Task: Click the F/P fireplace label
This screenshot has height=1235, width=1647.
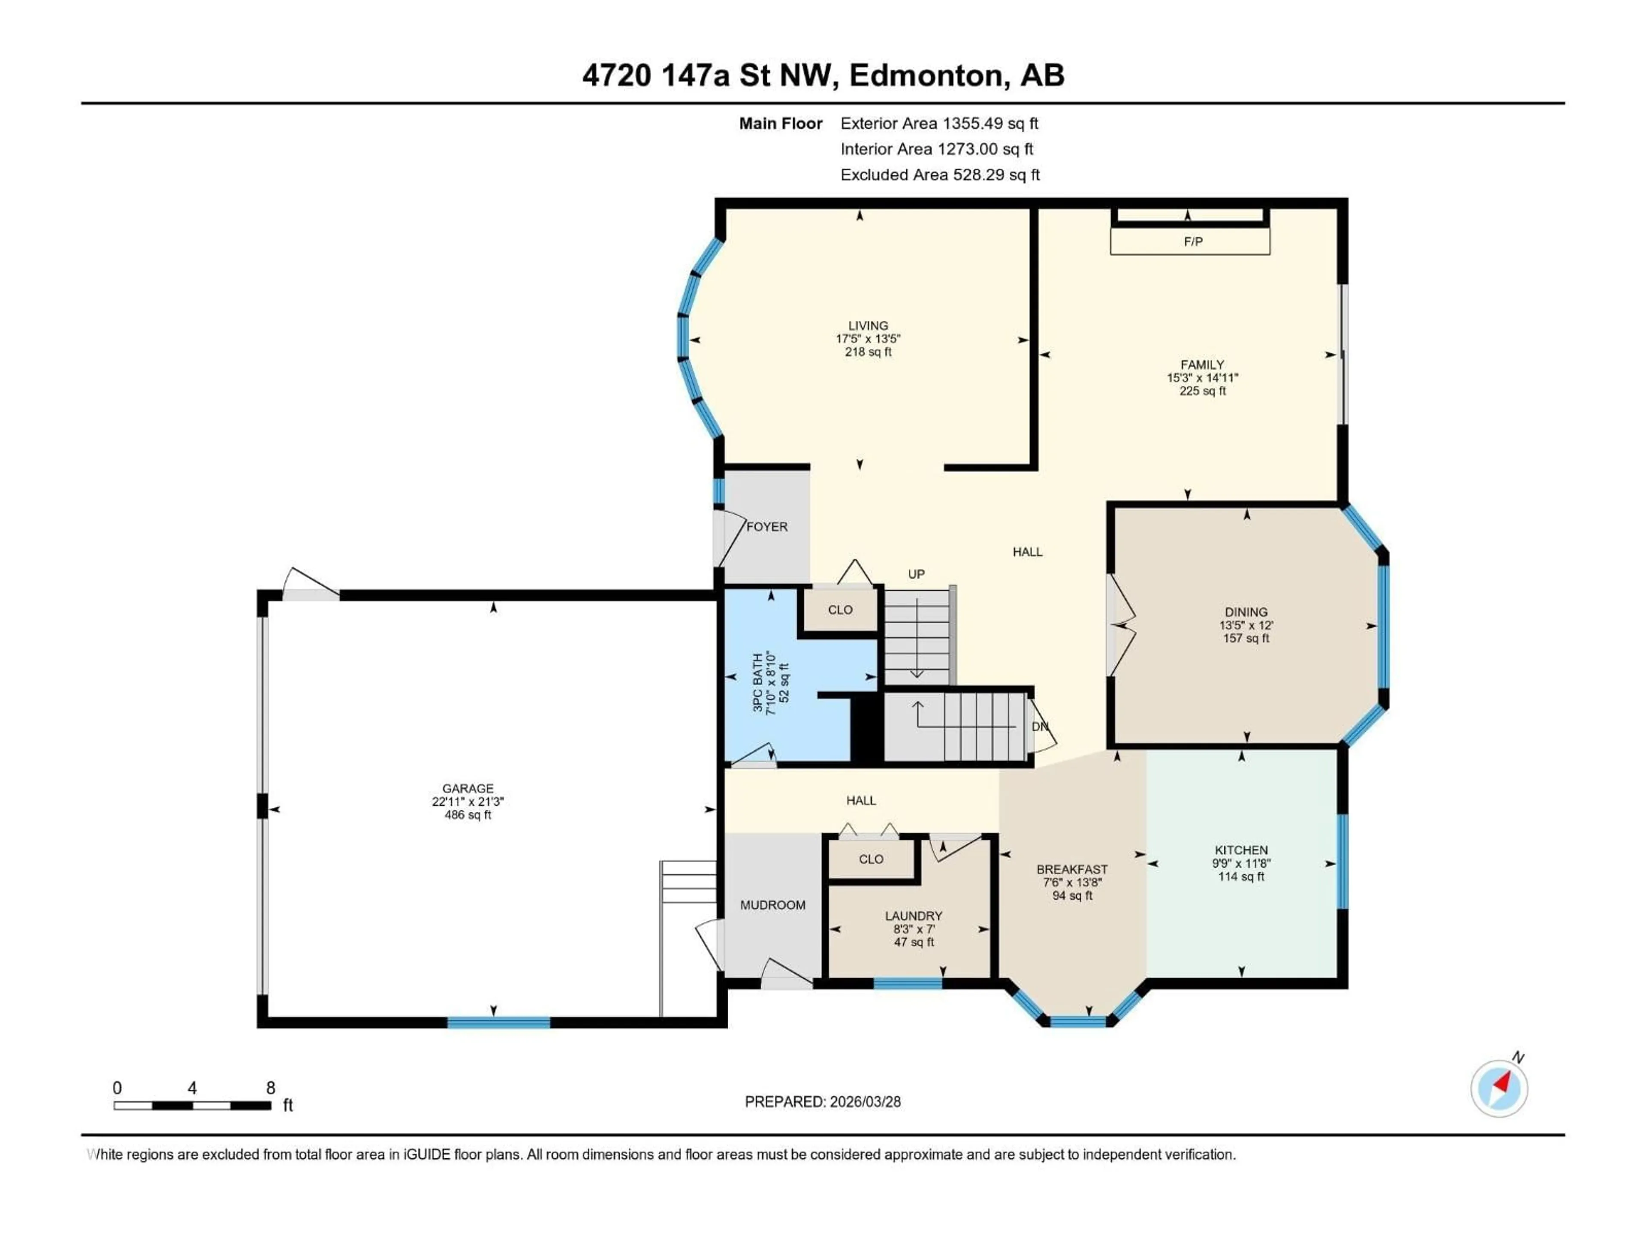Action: coord(1193,241)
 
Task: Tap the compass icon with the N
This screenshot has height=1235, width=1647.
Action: coord(1499,1087)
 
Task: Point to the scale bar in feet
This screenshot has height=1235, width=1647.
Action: coord(192,1105)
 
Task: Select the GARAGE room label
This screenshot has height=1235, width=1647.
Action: coord(468,788)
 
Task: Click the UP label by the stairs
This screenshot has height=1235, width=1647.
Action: coord(916,574)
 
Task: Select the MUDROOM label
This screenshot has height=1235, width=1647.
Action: coord(773,905)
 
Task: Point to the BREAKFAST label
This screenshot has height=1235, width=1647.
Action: coord(1072,870)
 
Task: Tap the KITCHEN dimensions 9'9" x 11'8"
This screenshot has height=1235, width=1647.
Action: coord(1241,864)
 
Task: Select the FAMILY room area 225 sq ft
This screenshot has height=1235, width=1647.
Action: coord(1203,391)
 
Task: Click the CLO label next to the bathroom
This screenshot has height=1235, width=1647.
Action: coord(840,610)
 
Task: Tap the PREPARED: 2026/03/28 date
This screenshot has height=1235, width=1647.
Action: coord(823,1102)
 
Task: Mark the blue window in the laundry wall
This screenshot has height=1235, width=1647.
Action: coord(908,983)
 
